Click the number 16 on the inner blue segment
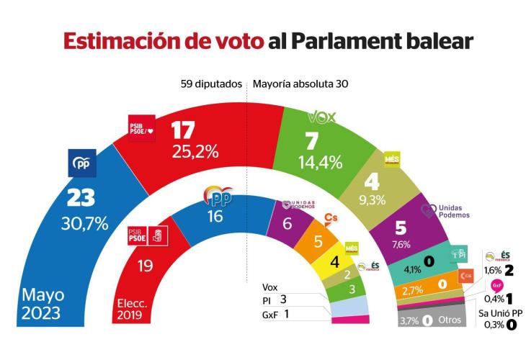pyautogui.click(x=217, y=217)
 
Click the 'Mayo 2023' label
pyautogui.click(x=42, y=303)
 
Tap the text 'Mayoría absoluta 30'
pyautogui.click(x=300, y=84)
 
